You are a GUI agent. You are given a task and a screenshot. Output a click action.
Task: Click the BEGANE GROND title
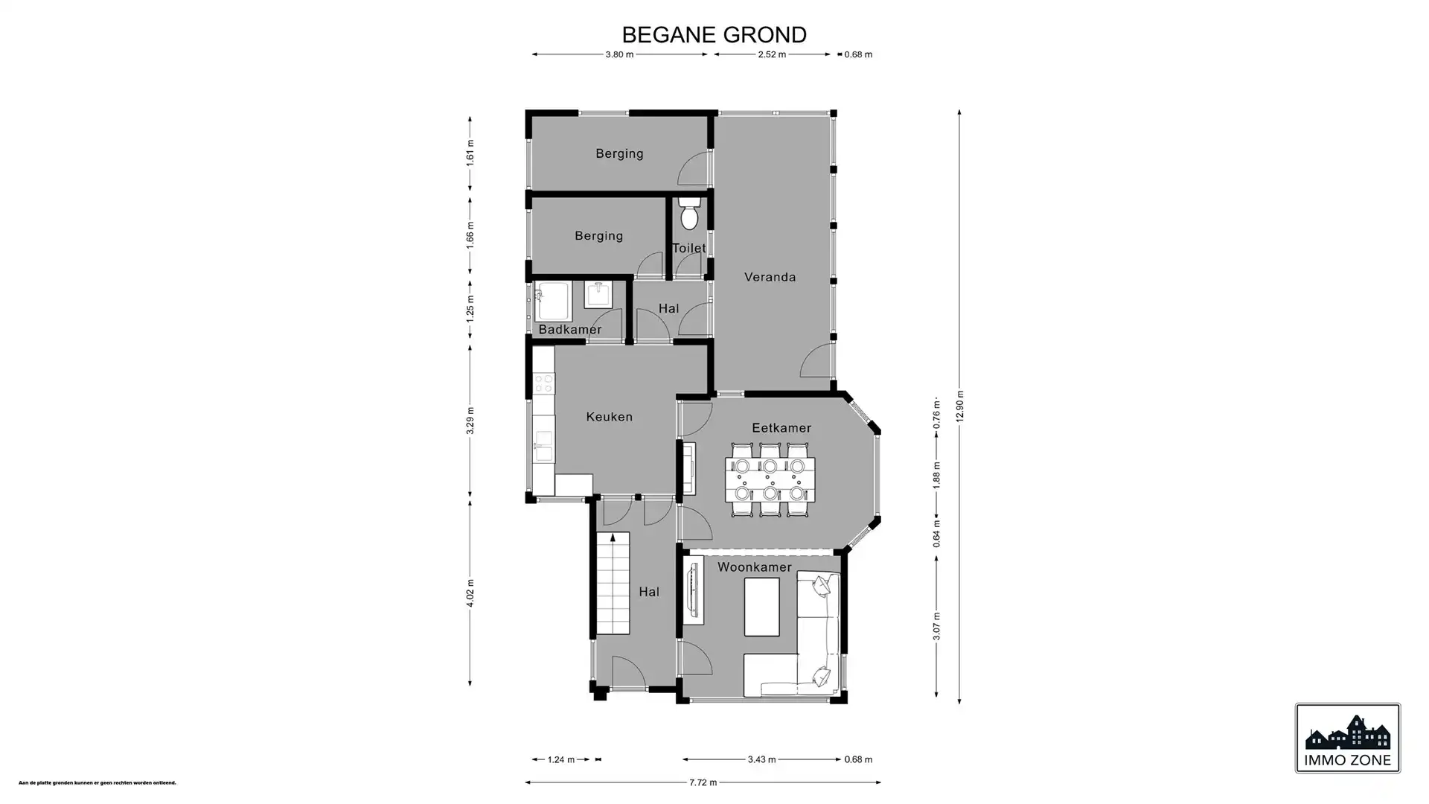click(x=714, y=35)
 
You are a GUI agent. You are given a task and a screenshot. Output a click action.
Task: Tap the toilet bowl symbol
click(x=689, y=215)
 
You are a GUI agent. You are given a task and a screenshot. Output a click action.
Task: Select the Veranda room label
click(x=770, y=277)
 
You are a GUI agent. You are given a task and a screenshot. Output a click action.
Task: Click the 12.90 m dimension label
click(x=959, y=406)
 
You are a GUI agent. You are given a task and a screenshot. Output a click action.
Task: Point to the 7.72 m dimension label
click(x=703, y=782)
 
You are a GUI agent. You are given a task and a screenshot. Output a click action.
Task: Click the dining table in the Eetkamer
click(x=770, y=479)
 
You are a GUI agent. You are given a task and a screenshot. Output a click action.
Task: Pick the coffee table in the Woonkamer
click(x=761, y=607)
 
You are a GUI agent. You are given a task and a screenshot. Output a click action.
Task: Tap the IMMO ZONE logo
click(x=1347, y=738)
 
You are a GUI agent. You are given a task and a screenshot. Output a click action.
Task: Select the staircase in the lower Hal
click(x=613, y=584)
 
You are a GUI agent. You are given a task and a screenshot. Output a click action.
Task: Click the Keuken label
click(x=609, y=417)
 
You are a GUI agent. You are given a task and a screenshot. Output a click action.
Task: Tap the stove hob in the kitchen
click(x=544, y=383)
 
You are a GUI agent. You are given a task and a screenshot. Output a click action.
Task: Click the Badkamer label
click(x=569, y=330)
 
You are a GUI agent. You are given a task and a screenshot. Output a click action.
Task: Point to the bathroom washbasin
click(x=598, y=294)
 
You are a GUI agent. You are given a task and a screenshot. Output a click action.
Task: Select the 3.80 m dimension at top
click(x=619, y=54)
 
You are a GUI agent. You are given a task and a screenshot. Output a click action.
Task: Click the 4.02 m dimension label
click(x=470, y=593)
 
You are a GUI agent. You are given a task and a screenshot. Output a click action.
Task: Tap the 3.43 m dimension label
click(x=761, y=759)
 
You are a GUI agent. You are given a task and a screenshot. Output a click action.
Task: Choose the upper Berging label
click(x=619, y=154)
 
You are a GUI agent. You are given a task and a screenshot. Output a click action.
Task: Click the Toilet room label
click(x=688, y=248)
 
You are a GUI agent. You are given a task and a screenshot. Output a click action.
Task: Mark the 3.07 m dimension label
click(x=936, y=625)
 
